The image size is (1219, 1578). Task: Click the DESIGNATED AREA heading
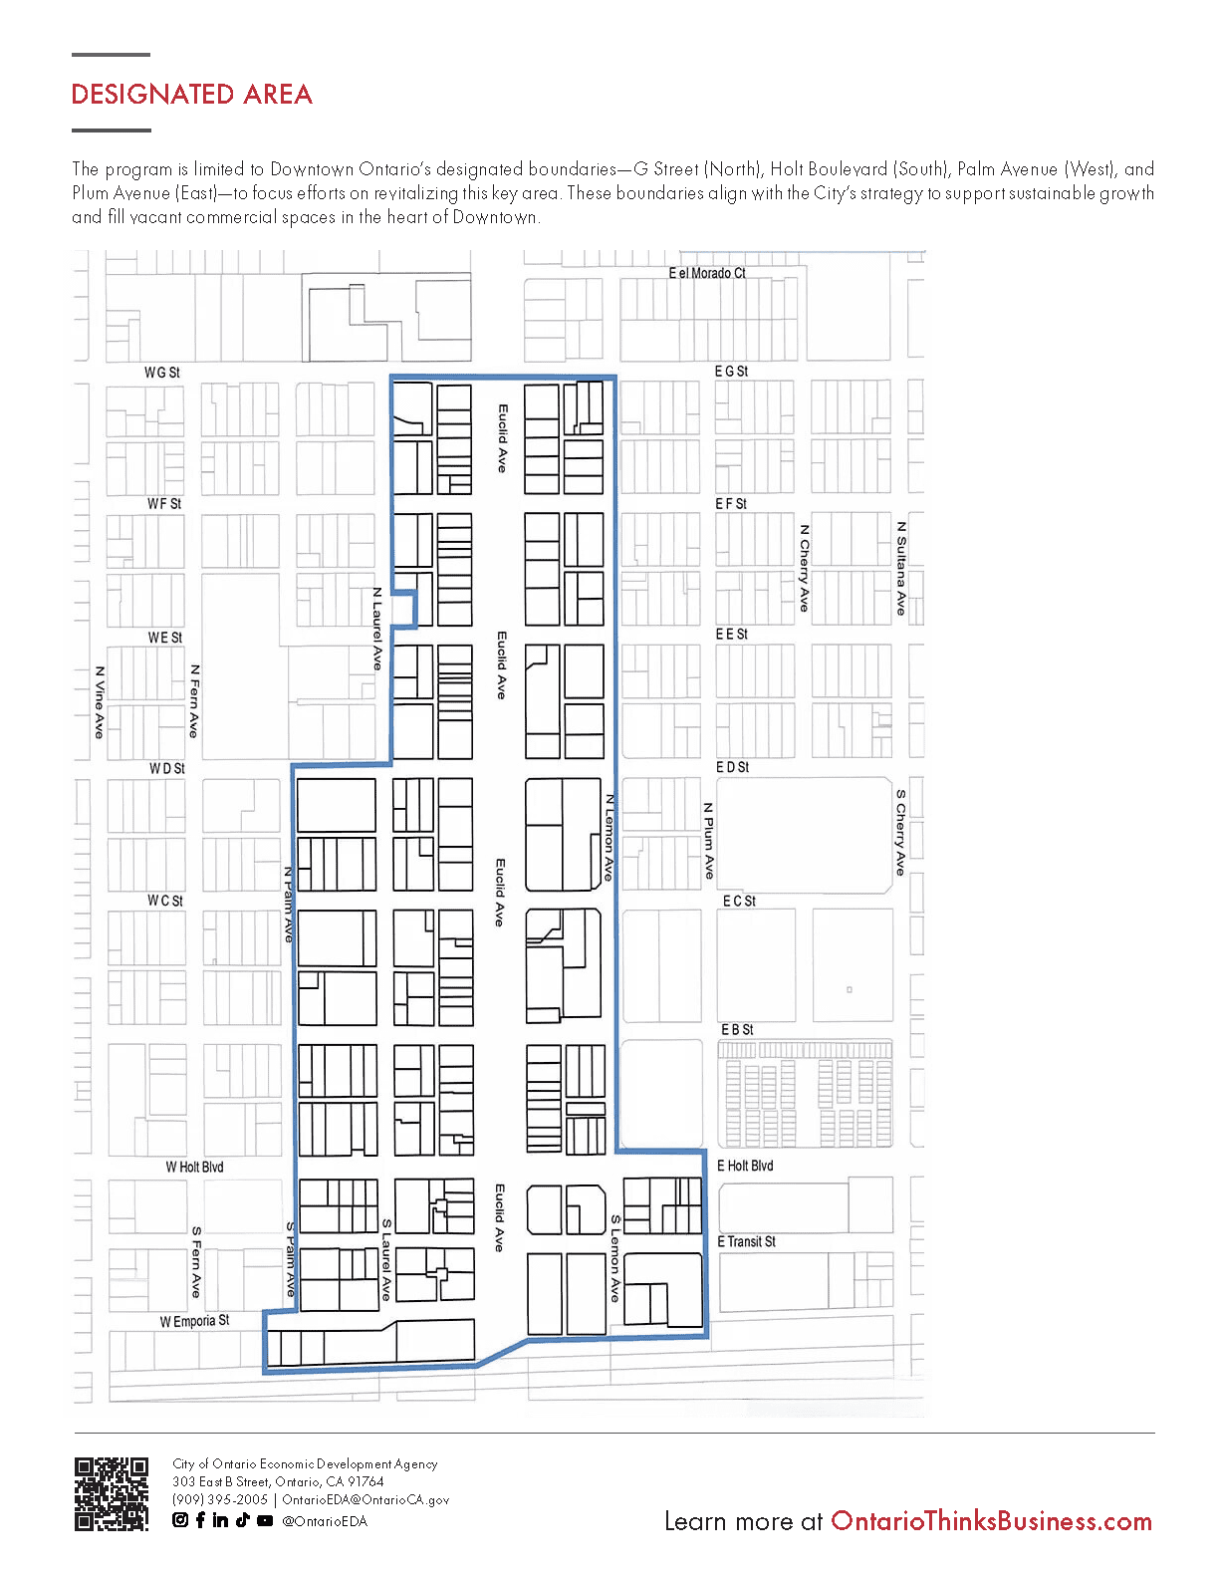191,95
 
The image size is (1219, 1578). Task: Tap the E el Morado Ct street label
707,273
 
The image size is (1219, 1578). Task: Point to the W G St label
162,373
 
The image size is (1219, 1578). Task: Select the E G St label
731,371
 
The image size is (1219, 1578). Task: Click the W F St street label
164,503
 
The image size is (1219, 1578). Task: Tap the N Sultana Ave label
901,569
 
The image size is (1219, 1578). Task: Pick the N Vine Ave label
100,702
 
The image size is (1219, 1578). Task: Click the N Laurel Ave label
376,629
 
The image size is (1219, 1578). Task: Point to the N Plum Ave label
709,841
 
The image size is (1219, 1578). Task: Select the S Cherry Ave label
900,832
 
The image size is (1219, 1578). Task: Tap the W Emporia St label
194,1321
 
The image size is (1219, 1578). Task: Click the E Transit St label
746,1241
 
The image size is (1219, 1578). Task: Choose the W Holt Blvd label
194,1167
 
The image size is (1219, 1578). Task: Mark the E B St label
737,1030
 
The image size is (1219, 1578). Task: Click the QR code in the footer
112,1493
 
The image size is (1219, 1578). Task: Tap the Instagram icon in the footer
180,1520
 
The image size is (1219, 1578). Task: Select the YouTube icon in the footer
265,1520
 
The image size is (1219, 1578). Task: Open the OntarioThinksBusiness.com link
991,1520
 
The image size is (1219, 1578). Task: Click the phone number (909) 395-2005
220,1499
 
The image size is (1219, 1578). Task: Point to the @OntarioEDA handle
325,1520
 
